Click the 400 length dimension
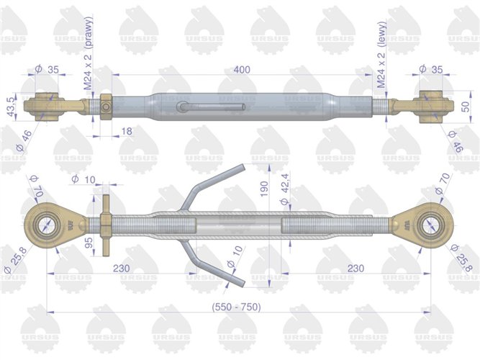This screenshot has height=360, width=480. pyautogui.click(x=241, y=68)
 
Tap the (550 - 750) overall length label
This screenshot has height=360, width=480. pyautogui.click(x=236, y=307)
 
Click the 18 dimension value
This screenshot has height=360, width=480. pyautogui.click(x=127, y=130)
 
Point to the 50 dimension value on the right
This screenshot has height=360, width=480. pyautogui.click(x=466, y=107)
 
